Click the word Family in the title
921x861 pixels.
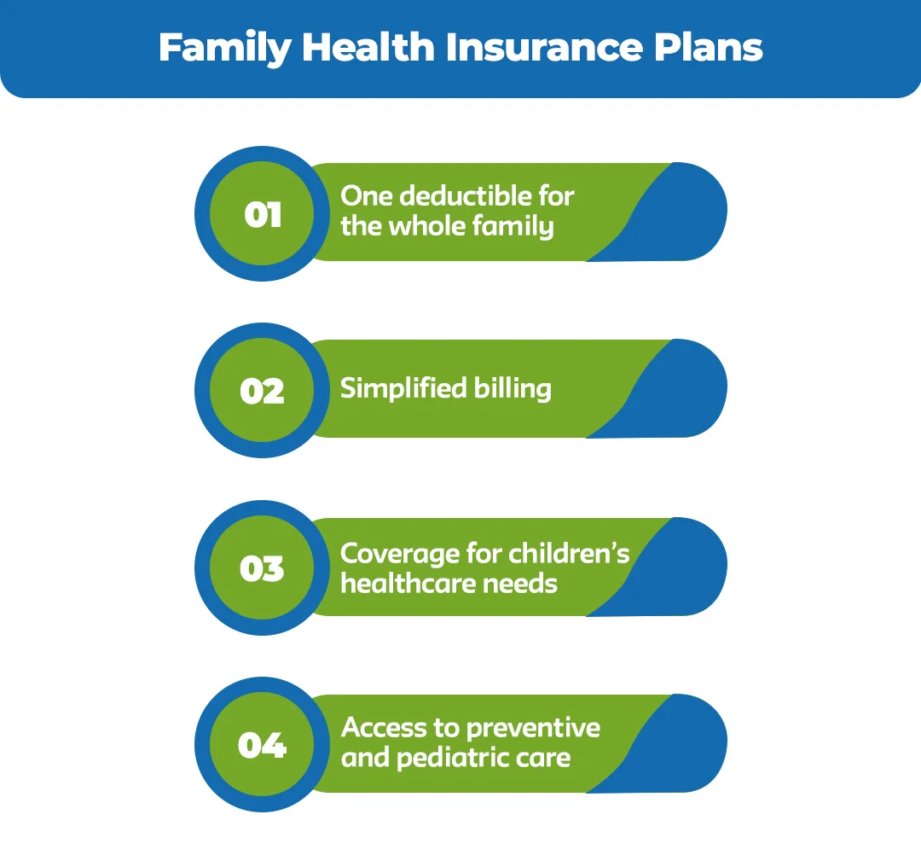click(224, 48)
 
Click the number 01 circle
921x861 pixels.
click(262, 213)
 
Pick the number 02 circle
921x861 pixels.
click(262, 391)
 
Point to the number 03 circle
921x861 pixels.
click(262, 568)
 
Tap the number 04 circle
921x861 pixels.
click(262, 746)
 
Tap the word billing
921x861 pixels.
click(512, 389)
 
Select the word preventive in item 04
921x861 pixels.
click(533, 728)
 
